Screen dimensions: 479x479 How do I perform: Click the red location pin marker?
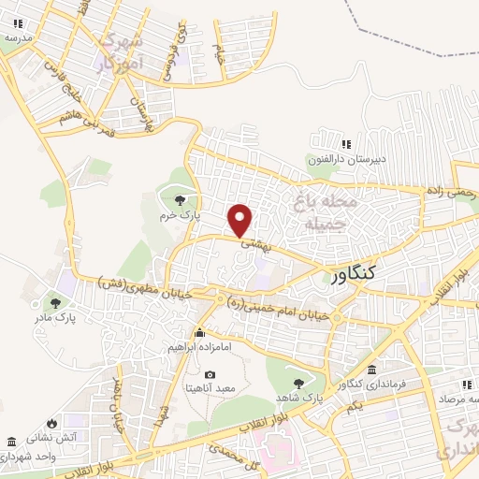(241, 220)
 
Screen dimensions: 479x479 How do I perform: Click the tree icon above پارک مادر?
(56, 302)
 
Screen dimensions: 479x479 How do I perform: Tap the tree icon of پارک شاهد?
(298, 383)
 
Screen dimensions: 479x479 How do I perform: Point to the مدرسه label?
(19, 38)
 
